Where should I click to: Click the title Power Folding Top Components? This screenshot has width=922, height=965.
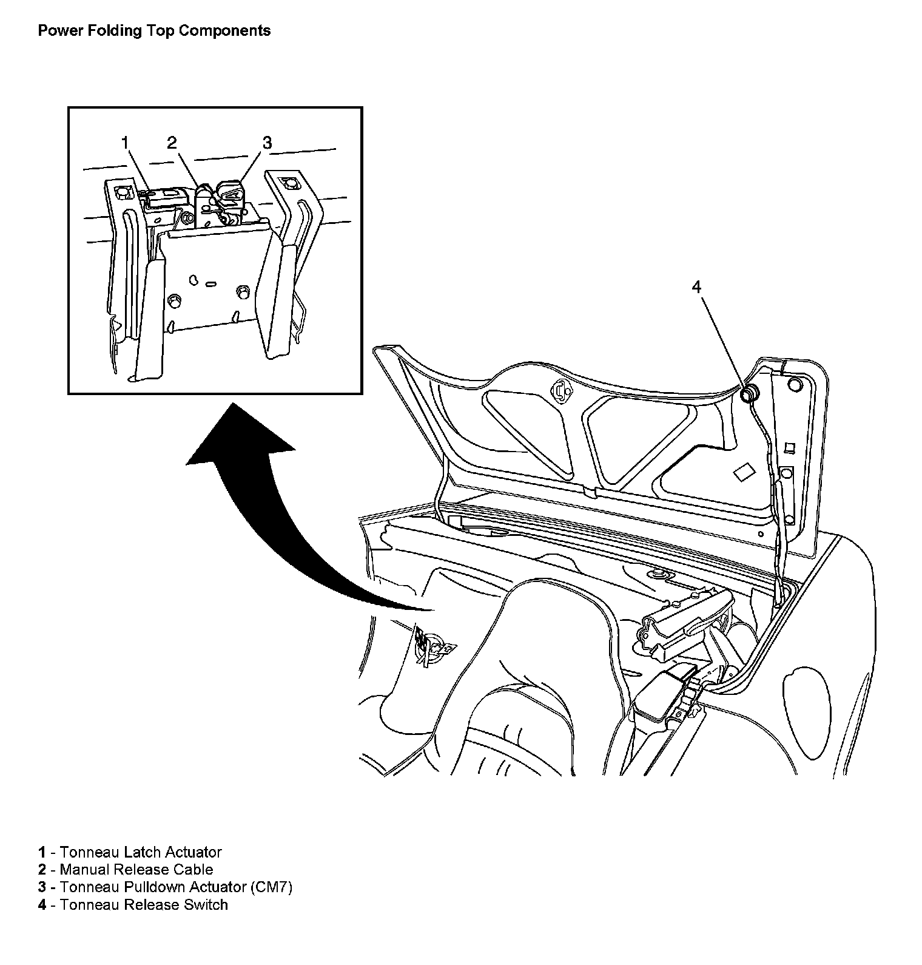point(154,30)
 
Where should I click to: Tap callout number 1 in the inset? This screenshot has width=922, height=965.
point(125,143)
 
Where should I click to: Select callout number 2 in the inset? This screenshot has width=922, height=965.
point(172,143)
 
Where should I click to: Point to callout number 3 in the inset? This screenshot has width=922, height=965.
point(267,143)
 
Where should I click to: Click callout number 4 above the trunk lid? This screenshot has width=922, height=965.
point(696,287)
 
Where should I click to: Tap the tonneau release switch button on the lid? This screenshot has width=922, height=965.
point(750,394)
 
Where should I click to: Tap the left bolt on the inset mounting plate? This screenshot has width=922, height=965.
point(175,300)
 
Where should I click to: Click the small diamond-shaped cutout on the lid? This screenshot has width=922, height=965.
point(744,473)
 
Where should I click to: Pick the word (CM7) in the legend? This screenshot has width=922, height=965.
point(271,887)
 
